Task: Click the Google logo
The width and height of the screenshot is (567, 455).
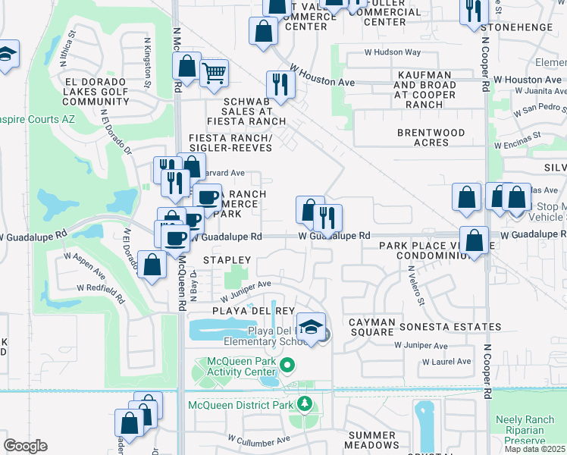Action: (25, 446)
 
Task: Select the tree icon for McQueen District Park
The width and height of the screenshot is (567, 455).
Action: (305, 403)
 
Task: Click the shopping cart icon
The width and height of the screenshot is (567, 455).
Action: (215, 74)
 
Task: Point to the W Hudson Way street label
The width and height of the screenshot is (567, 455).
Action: (392, 52)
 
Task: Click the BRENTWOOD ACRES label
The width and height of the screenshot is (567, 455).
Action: (431, 137)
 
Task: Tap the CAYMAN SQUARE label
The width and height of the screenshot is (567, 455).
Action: (372, 327)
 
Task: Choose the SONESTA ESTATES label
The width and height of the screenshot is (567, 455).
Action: (453, 327)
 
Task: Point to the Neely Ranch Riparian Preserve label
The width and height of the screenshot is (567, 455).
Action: (529, 429)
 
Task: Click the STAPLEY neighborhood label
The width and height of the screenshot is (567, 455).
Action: (225, 259)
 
